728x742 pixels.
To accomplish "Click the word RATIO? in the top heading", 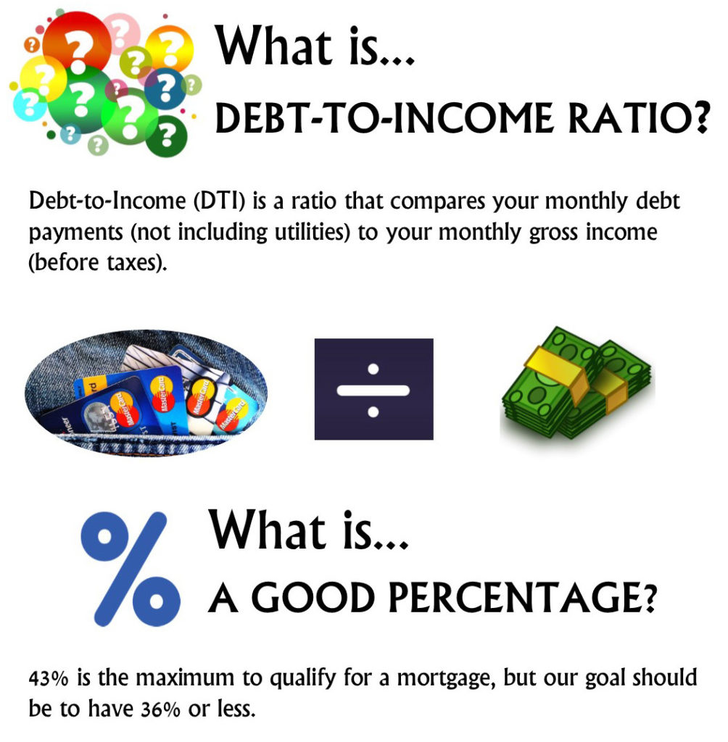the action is [639, 117].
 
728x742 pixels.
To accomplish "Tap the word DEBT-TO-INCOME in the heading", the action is [384, 117].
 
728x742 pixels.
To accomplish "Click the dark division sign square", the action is [373, 389].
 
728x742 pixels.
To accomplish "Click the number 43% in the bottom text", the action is [49, 679].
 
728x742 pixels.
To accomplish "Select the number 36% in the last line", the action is [160, 709].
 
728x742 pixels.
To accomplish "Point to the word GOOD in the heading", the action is [313, 597].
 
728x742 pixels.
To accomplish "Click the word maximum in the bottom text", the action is [185, 679].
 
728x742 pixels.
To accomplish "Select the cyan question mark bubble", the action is [29, 104].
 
